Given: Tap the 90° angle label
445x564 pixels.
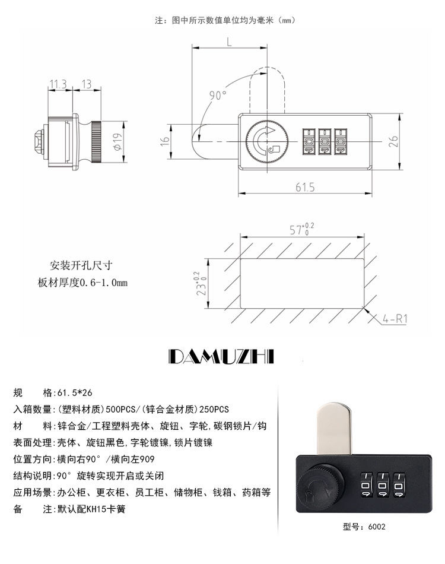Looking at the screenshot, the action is coord(218,96).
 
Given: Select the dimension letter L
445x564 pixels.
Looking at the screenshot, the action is coord(229,42).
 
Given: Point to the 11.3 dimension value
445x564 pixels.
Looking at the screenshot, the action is coord(58,84).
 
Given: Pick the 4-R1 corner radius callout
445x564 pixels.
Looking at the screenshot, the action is coord(394,319).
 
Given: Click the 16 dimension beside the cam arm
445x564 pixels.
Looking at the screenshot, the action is coord(166,141).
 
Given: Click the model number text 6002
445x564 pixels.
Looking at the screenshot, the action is coord(376,526).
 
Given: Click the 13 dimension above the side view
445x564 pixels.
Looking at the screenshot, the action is coord(87,84).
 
